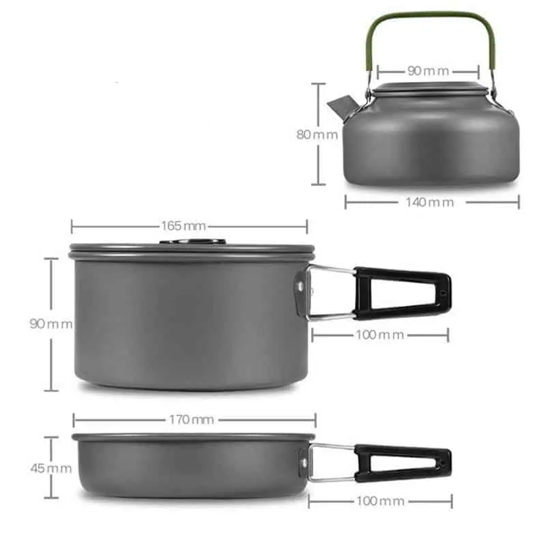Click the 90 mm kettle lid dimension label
pyautogui.click(x=428, y=70)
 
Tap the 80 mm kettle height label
pyautogui.click(x=317, y=134)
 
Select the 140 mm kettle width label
pyautogui.click(x=431, y=202)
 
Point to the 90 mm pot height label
pyautogui.click(x=51, y=324)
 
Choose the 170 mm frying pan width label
pyautogui.click(x=192, y=420)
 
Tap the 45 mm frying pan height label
pyautogui.click(x=51, y=468)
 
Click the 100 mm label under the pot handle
pyautogui.click(x=380, y=334)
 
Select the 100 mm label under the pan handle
pyautogui.click(x=380, y=501)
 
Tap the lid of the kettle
pyautogui.click(x=428, y=88)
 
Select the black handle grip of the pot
pyautogui.click(x=403, y=293)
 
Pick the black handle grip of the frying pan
pyautogui.click(x=403, y=463)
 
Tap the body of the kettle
pyautogui.click(x=430, y=143)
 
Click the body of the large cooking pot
pyautogui.click(x=184, y=321)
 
